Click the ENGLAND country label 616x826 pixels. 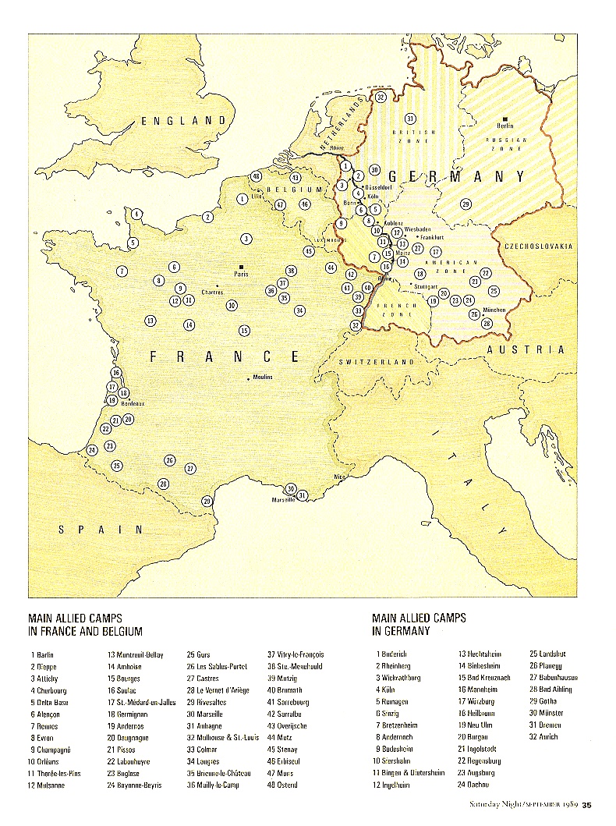[x=184, y=121]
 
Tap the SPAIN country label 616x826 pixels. [x=101, y=530]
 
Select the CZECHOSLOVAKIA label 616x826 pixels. [x=538, y=246]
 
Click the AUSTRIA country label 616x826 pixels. [x=525, y=350]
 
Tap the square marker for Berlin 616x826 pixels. [x=505, y=116]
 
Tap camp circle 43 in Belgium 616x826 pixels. [x=296, y=178]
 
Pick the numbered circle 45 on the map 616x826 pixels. [x=310, y=251]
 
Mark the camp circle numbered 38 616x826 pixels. [x=291, y=271]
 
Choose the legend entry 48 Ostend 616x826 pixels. [x=281, y=785]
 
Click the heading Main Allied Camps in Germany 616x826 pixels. [x=419, y=624]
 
